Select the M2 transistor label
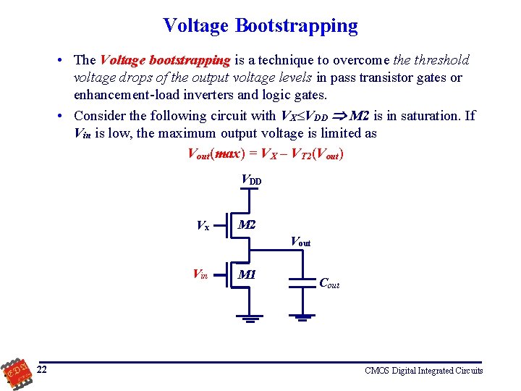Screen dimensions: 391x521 tap(247, 224)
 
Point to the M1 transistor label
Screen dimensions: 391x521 tap(247, 275)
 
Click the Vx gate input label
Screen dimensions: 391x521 tap(203, 225)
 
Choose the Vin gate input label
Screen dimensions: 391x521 tap(200, 274)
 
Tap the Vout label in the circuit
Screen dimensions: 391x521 tap(300, 241)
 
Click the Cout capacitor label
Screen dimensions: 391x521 tap(329, 283)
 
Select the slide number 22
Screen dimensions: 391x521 tap(43, 370)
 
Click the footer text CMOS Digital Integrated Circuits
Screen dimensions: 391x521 tap(423, 371)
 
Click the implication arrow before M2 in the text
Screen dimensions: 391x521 tap(339, 116)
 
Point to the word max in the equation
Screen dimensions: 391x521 tap(227, 154)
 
